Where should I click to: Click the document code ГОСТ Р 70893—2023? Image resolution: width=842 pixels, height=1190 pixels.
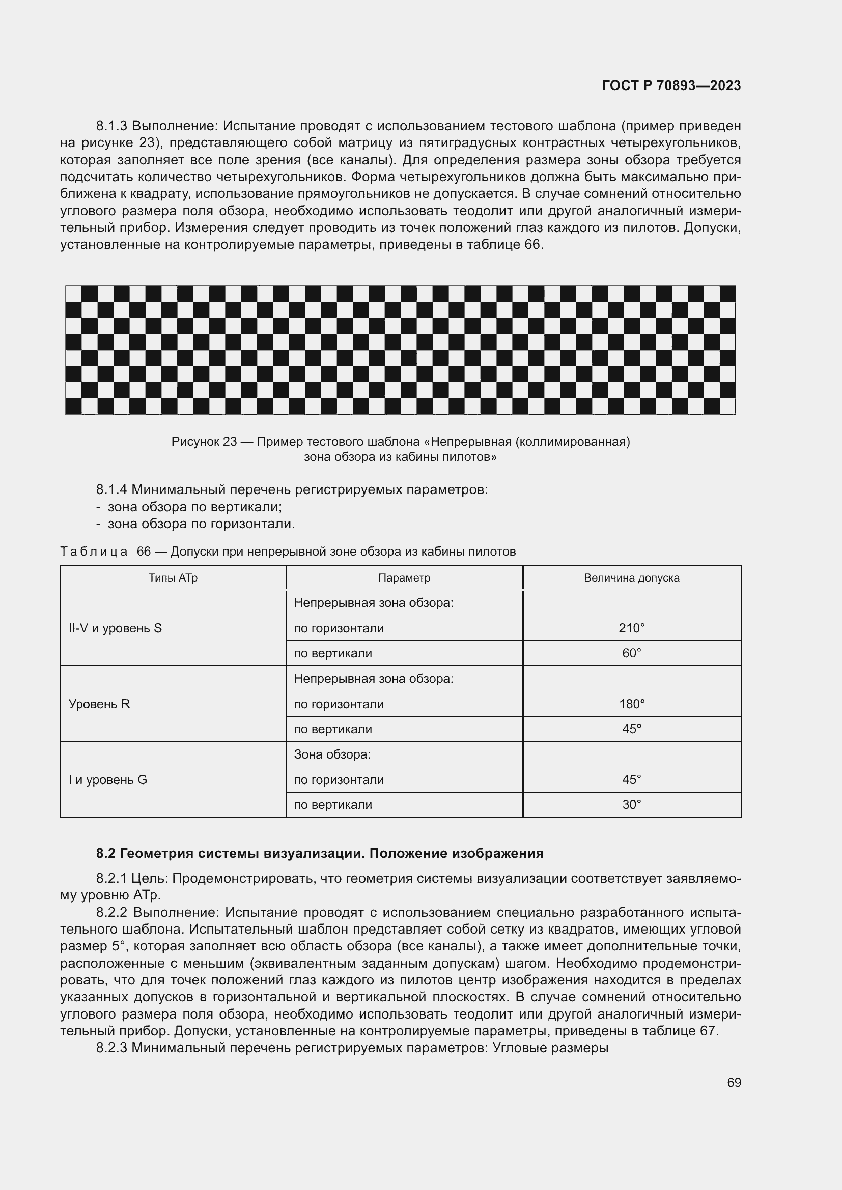tap(671, 85)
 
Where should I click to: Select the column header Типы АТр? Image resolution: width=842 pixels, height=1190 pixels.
tap(173, 577)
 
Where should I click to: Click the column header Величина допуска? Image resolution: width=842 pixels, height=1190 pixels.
tap(631, 577)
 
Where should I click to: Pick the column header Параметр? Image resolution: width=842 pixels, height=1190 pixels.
tap(404, 577)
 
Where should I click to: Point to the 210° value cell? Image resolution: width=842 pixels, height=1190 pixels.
tap(631, 628)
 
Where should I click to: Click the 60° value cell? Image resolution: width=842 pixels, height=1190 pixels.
tap(631, 653)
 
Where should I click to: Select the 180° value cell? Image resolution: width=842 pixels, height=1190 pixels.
tap(631, 704)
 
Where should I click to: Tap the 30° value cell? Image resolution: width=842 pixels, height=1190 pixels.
tap(631, 804)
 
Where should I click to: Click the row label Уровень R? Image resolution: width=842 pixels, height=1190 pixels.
tap(99, 704)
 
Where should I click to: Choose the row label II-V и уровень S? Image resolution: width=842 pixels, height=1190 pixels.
tap(115, 628)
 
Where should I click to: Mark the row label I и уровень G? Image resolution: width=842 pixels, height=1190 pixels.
tap(108, 779)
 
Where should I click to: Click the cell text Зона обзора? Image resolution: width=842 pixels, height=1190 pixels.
tap(332, 754)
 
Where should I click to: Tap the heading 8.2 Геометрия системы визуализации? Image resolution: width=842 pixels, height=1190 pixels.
tap(319, 853)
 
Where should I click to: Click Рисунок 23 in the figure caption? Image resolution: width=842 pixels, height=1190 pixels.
tap(204, 442)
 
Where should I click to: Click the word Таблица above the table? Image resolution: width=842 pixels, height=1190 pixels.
tap(94, 552)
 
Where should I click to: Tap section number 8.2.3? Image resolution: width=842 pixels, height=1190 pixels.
tap(112, 1048)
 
